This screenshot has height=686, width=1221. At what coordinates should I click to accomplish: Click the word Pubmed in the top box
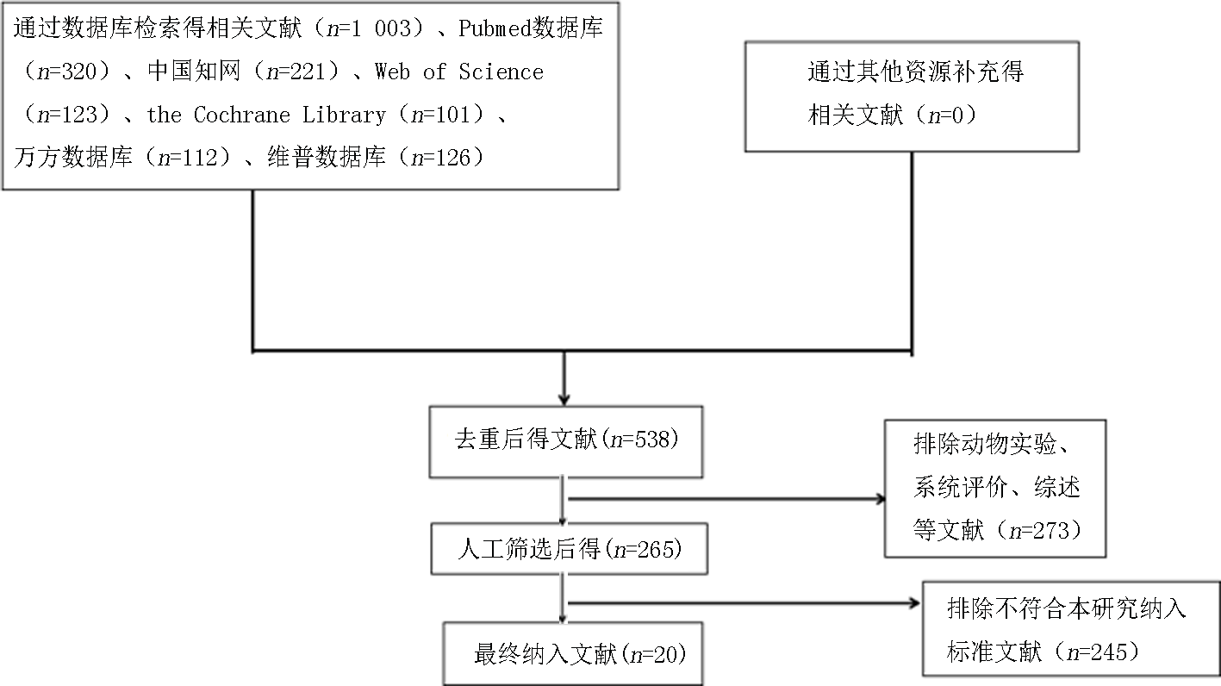(495, 28)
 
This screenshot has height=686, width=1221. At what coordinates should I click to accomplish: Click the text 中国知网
(194, 71)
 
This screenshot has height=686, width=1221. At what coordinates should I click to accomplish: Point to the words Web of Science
(459, 72)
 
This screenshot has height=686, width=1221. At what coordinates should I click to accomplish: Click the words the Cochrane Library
(266, 115)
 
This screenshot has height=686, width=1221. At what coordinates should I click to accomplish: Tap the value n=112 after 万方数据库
(188, 158)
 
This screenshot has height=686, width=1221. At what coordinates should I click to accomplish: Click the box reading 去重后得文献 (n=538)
(566, 442)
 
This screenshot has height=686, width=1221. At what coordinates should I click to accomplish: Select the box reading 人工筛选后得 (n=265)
(569, 549)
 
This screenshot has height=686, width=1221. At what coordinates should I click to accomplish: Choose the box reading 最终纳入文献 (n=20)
(573, 653)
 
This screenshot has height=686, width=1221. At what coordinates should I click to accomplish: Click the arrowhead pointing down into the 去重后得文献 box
(564, 399)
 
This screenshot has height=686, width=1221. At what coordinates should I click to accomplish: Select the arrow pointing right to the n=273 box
(726, 498)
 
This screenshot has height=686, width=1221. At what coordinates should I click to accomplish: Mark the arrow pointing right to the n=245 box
(744, 603)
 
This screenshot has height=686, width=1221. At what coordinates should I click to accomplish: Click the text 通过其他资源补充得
(915, 72)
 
